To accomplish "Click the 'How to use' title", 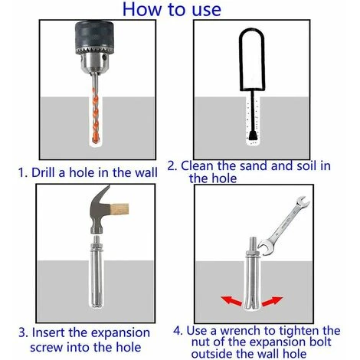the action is [x=172, y=9].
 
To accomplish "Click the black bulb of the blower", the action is [x=252, y=59].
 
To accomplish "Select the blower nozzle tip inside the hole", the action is [x=253, y=136].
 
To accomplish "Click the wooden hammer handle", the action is [x=119, y=209].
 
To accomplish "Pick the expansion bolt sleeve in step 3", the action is [x=97, y=277].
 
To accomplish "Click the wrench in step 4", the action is [x=283, y=224].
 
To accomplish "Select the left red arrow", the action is [x=231, y=301].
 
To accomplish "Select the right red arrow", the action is [x=273, y=301].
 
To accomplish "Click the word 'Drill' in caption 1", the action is [x=43, y=172].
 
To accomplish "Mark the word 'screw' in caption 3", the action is [x=46, y=348].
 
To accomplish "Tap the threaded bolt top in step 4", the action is [x=253, y=244].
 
